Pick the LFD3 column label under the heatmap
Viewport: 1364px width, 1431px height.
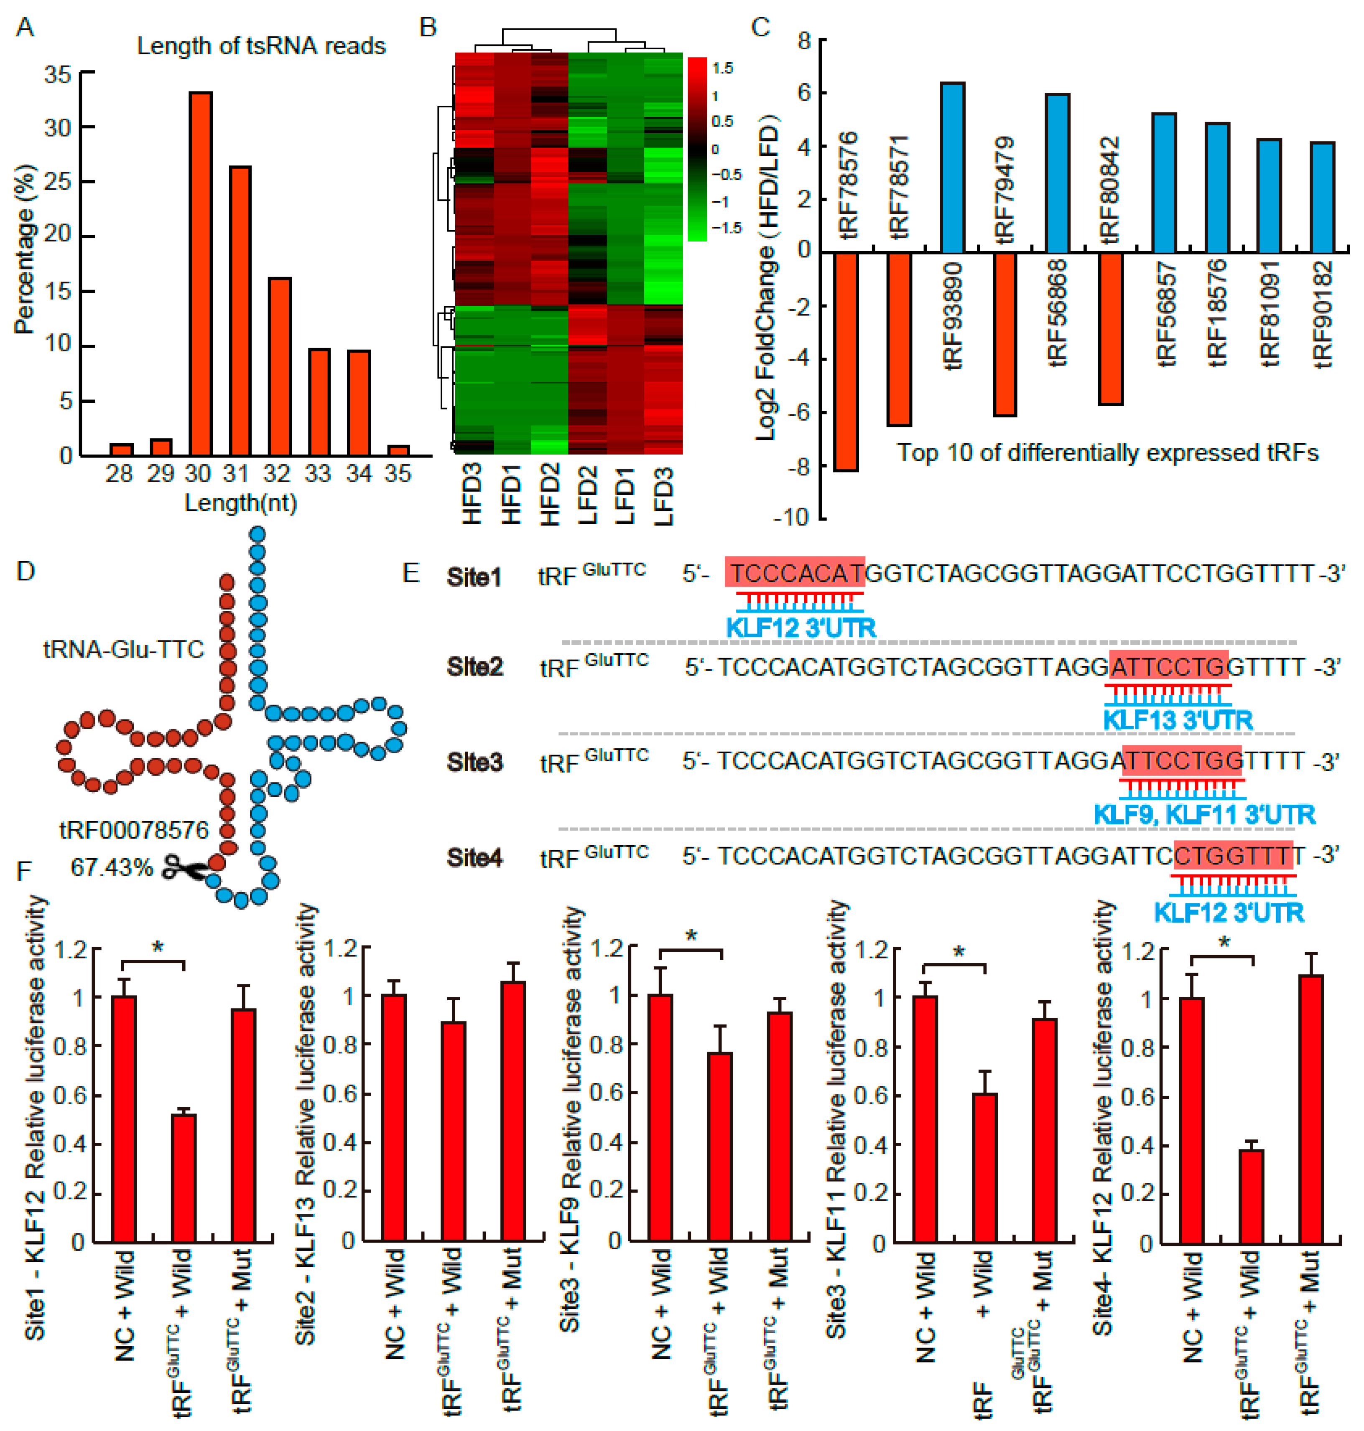pyautogui.click(x=663, y=494)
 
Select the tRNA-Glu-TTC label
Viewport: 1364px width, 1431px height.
pyautogui.click(x=124, y=649)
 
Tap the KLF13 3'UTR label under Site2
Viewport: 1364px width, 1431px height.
pyautogui.click(x=1178, y=720)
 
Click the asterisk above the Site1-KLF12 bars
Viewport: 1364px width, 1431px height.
pyautogui.click(x=158, y=948)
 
